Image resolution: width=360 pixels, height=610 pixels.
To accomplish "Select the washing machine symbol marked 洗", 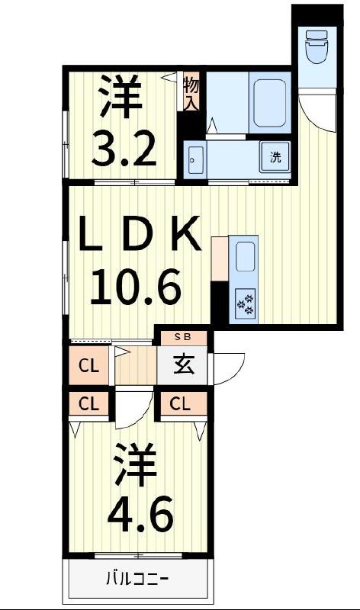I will click(x=275, y=159).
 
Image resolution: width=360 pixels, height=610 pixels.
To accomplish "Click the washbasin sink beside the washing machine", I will click(x=194, y=160).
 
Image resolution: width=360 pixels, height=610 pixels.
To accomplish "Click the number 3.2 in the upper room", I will click(x=124, y=149).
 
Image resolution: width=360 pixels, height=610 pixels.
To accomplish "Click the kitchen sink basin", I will click(x=246, y=257).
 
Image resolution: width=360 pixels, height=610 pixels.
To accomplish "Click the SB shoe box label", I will click(x=183, y=336).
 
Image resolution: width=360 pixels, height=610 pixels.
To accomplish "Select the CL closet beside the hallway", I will click(x=90, y=366).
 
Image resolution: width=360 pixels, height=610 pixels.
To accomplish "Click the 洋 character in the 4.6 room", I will click(x=137, y=465).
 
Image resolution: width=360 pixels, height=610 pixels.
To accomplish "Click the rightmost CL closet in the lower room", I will click(x=181, y=404).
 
